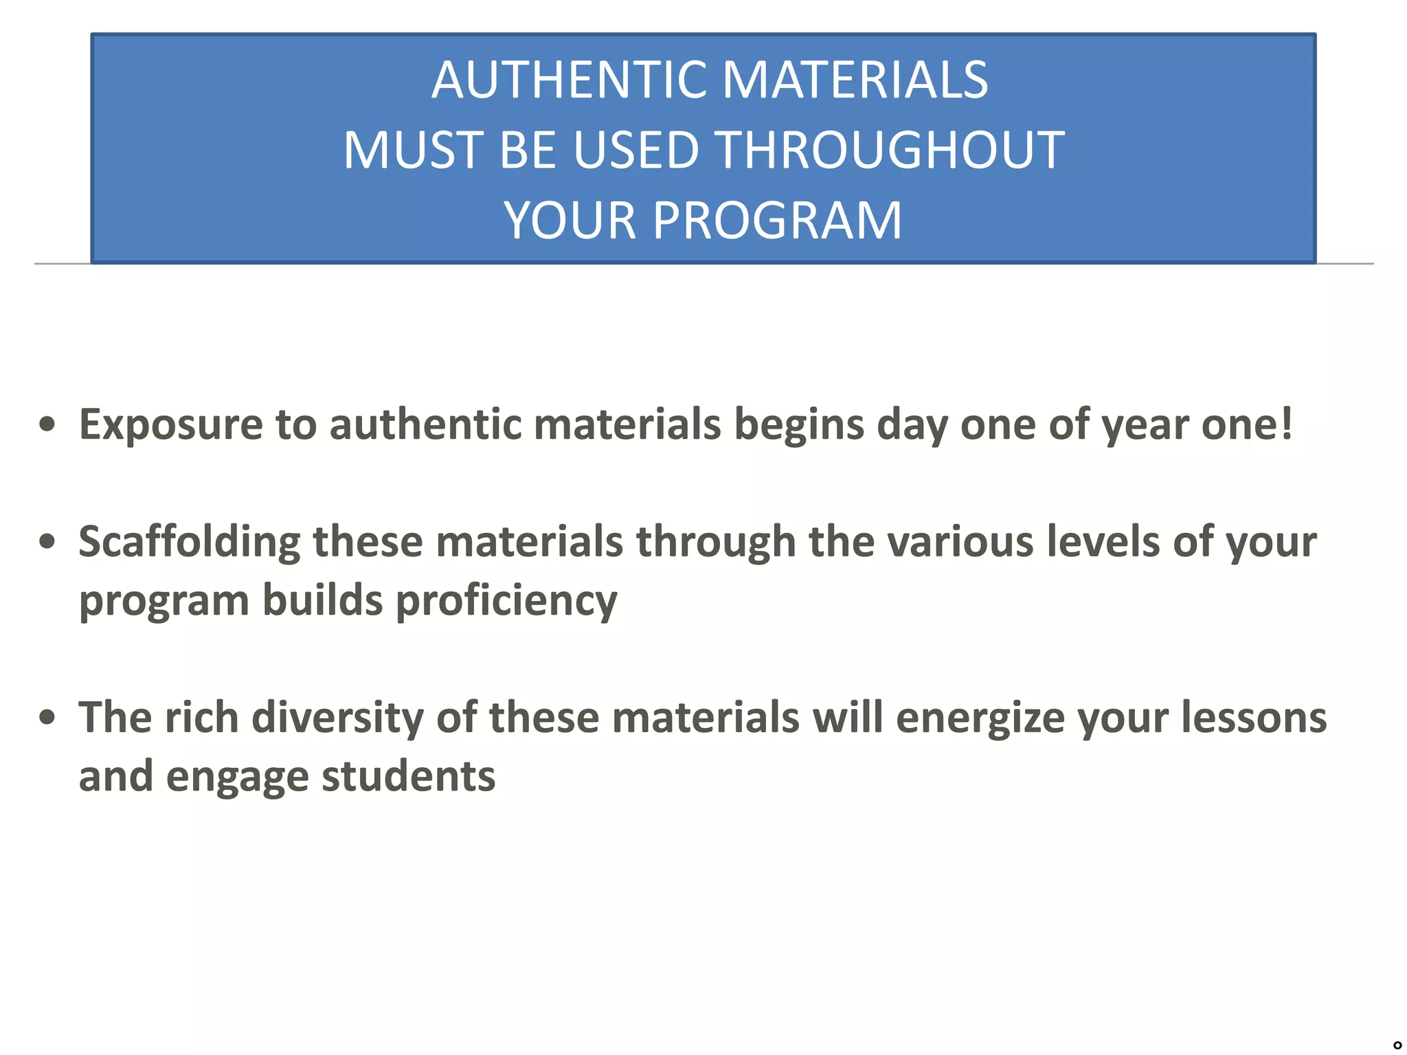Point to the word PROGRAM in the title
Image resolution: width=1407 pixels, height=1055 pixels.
point(777,220)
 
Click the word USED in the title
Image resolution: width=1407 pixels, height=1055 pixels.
point(635,150)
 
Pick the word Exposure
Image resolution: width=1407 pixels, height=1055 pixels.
point(170,424)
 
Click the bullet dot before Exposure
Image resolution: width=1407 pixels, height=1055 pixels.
point(47,424)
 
